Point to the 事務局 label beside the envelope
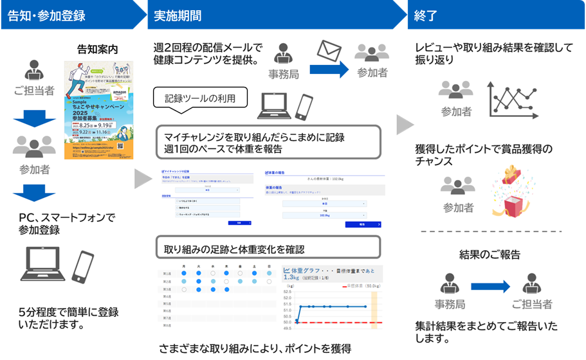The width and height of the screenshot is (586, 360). tap(284, 75)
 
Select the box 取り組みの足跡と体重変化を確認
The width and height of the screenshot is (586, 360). tap(269, 248)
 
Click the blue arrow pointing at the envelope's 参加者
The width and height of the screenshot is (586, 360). tap(329, 70)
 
